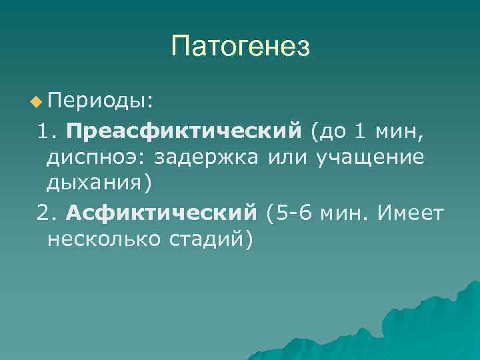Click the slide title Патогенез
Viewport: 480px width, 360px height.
pyautogui.click(x=240, y=46)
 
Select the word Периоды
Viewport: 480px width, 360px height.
pyautogui.click(x=100, y=101)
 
